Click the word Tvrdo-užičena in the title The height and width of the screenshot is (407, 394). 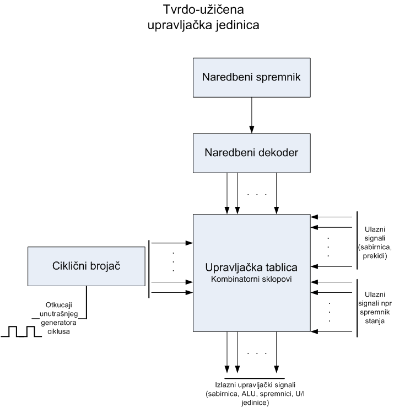pyautogui.click(x=197, y=10)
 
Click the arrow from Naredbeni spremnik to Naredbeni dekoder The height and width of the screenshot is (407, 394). pyautogui.click(x=252, y=116)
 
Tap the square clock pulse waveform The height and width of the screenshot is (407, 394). pyautogui.click(x=20, y=331)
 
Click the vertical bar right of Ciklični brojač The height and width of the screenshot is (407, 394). pyautogui.click(x=149, y=268)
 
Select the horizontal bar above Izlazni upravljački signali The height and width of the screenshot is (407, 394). pyautogui.click(x=252, y=378)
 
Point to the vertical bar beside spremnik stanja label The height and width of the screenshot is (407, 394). pyautogui.click(x=358, y=307)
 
